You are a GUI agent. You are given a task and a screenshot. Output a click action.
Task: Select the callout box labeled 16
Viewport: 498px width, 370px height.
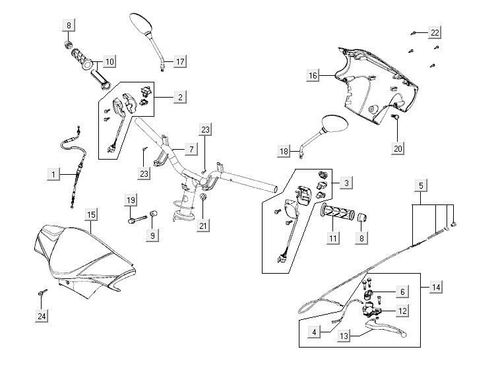click(x=313, y=76)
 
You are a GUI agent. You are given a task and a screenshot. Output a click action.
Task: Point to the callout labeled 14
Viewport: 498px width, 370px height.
click(x=436, y=287)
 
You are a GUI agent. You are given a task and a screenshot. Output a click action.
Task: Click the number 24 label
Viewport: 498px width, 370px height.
click(x=42, y=317)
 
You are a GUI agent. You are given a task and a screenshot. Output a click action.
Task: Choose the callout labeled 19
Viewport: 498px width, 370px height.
click(x=131, y=200)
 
